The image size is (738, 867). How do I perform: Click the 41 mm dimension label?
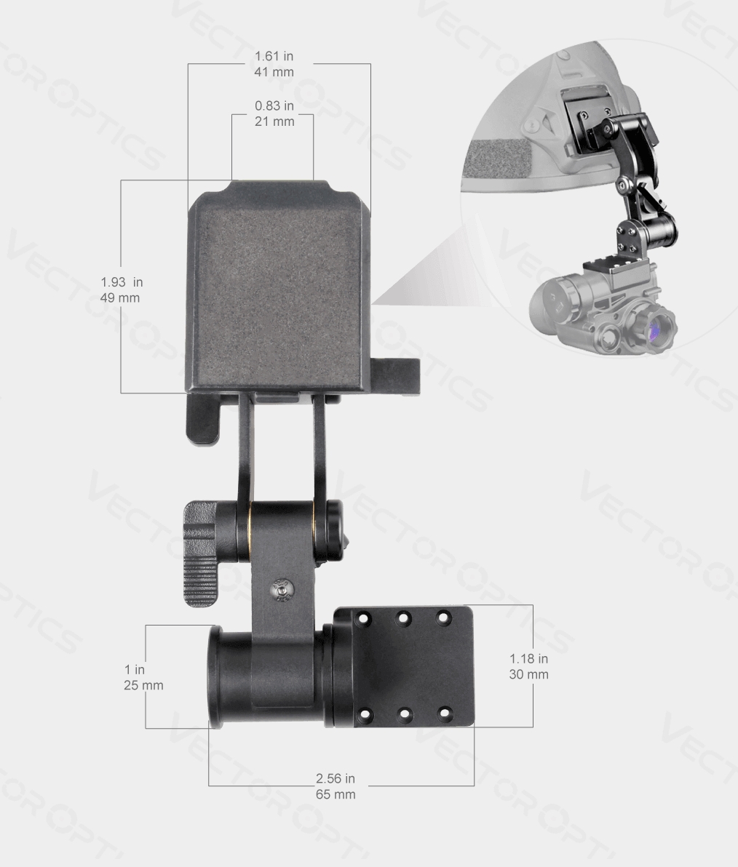(x=274, y=72)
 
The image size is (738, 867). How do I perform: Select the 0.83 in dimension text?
(x=274, y=106)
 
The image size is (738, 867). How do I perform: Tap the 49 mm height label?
(x=120, y=297)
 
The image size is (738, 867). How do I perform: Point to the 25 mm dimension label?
(x=143, y=685)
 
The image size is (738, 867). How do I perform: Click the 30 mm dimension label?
(x=528, y=674)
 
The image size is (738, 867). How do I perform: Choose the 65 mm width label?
(x=336, y=794)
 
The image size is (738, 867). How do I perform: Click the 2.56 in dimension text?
(x=336, y=779)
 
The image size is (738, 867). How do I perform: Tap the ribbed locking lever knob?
(x=200, y=553)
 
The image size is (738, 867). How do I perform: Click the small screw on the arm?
(x=281, y=589)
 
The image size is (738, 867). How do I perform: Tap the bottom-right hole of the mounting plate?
(x=444, y=714)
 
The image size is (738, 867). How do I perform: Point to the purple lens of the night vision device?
(x=653, y=331)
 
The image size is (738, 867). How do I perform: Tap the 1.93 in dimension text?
(x=122, y=282)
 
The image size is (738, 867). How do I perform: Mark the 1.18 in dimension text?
(x=528, y=659)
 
